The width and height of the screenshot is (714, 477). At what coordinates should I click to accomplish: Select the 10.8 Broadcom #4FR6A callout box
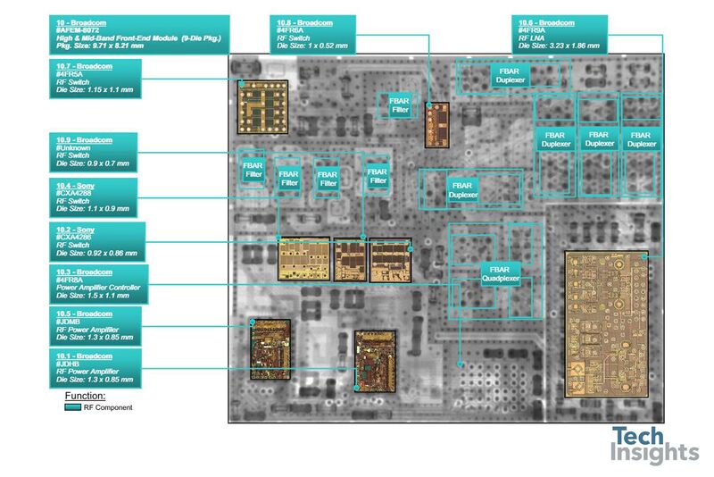coord(314,33)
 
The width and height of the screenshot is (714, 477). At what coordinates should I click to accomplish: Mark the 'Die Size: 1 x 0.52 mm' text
coord(313,45)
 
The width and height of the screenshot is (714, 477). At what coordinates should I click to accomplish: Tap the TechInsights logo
coord(655,445)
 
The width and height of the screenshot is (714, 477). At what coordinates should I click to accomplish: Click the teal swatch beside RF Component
coord(73,407)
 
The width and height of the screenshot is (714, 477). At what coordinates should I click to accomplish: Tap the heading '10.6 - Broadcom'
coord(546,21)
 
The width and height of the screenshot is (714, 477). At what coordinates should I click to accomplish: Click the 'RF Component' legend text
coord(108,407)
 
